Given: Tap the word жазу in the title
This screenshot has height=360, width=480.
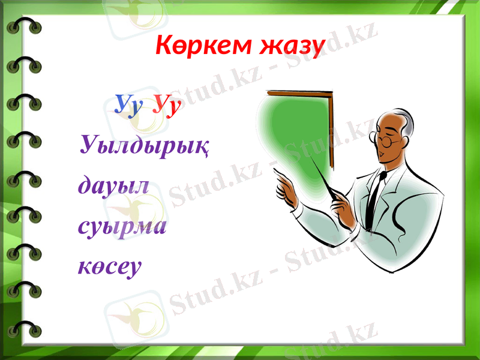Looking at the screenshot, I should tap(292, 46).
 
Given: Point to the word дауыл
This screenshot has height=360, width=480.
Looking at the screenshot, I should tap(113, 184).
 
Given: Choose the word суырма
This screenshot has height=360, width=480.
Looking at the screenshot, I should tap(122, 227).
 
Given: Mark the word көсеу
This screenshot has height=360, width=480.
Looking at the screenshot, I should tap(110, 266).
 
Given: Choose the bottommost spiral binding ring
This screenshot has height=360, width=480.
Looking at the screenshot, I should tap(24, 329).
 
